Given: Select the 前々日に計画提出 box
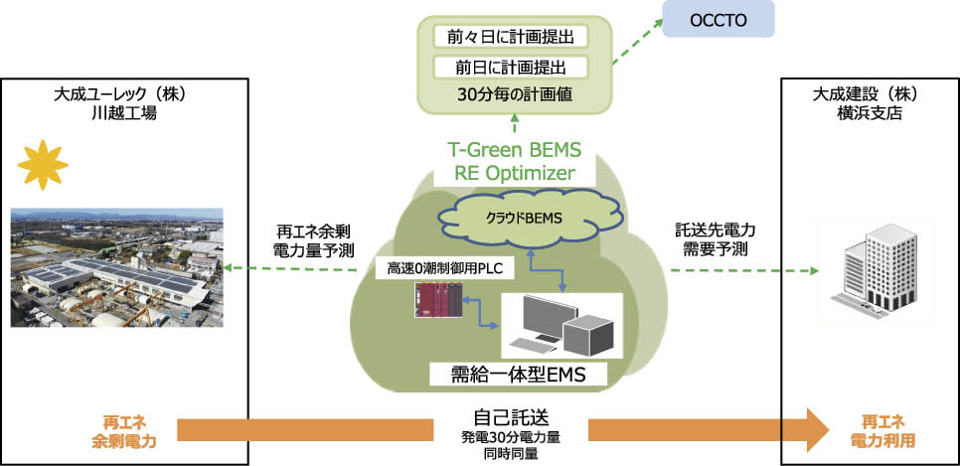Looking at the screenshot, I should (512, 37).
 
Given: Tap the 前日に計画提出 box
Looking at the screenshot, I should (512, 68).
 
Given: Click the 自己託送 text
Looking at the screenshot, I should (512, 416).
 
